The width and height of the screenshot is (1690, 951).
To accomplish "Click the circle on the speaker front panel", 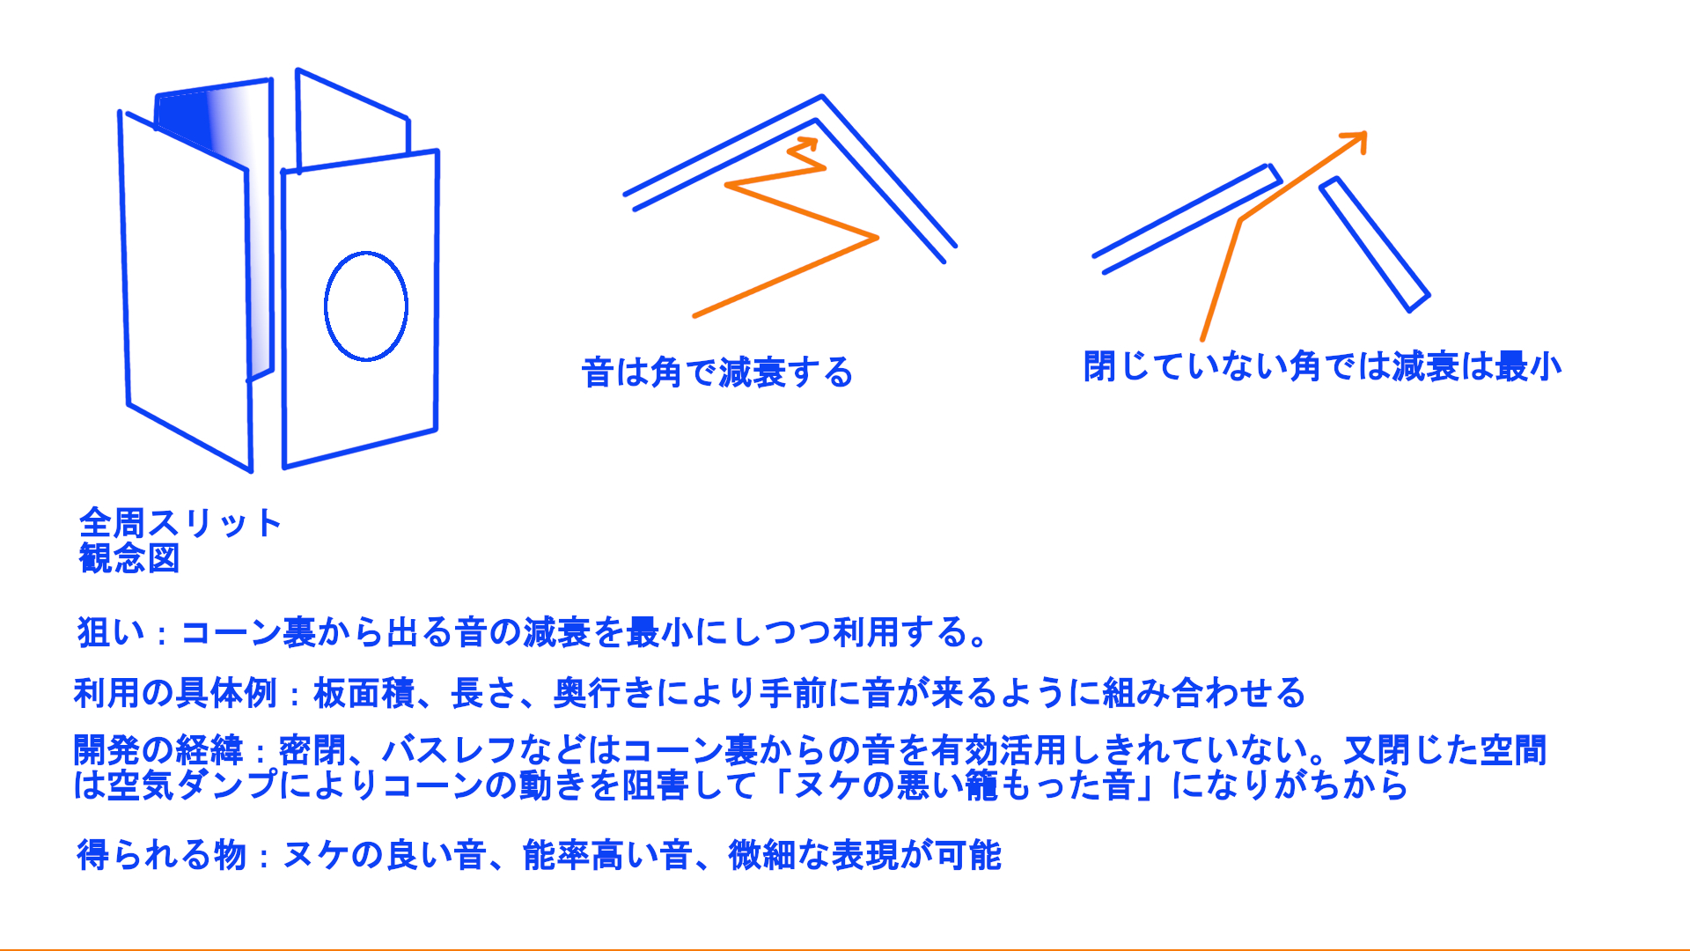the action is click(325, 306).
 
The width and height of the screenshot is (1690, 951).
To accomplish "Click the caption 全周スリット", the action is click(180, 522).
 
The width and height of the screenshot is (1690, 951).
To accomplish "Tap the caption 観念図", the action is click(129, 558).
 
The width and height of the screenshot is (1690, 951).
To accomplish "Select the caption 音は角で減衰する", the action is click(717, 372).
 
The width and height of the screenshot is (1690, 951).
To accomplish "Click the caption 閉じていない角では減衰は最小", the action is click(1322, 366).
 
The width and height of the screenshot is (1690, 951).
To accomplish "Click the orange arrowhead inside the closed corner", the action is click(805, 147).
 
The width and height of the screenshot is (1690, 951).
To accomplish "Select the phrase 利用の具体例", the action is click(176, 693).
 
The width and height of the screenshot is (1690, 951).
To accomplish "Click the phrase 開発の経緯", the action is click(158, 750).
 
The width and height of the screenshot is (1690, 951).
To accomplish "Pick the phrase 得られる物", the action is click(161, 855).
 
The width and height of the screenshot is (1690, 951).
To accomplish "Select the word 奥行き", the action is click(604, 693).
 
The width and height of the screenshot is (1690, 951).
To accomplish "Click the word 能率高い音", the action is click(607, 855).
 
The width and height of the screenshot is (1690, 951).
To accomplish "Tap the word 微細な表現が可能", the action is click(865, 855).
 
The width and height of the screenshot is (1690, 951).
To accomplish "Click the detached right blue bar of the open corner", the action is click(1374, 245).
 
